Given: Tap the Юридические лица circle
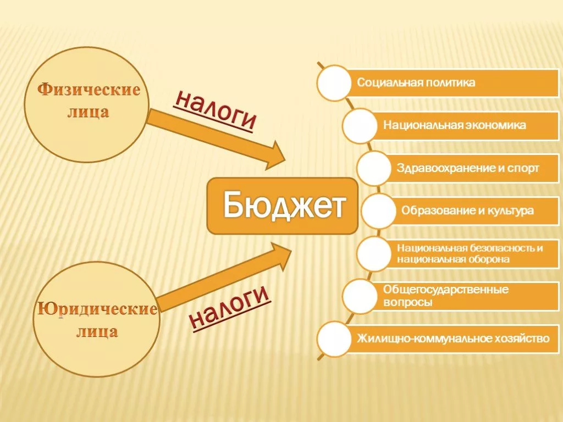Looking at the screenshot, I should click(x=96, y=319).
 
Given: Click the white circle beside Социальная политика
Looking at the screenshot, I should click(x=334, y=83).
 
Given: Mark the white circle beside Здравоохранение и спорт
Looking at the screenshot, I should click(x=374, y=168).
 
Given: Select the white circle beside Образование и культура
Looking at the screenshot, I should click(x=378, y=211).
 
